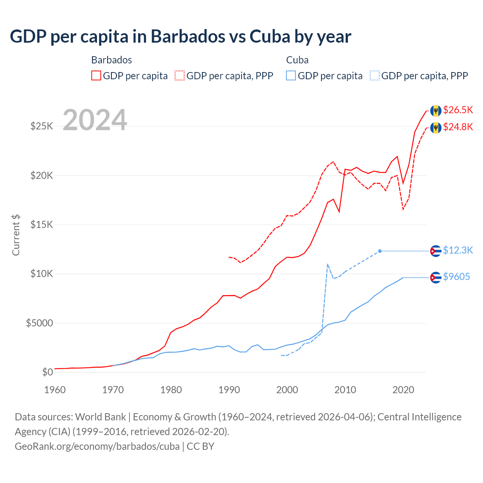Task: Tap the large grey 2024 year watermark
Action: pyautogui.click(x=95, y=120)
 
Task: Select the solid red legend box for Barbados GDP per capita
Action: pyautogui.click(x=96, y=75)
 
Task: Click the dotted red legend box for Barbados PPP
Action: pyautogui.click(x=180, y=75)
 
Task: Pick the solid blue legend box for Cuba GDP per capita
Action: pyautogui.click(x=291, y=75)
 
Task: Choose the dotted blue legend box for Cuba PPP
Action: pyautogui.click(x=375, y=75)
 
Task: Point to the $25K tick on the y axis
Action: pyautogui.click(x=42, y=126)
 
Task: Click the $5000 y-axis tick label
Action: pyautogui.click(x=40, y=323)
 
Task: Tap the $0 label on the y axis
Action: pyautogui.click(x=48, y=372)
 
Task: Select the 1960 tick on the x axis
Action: pyautogui.click(x=55, y=390)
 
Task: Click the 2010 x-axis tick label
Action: pyautogui.click(x=345, y=390)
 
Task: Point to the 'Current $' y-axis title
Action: pyautogui.click(x=16, y=235)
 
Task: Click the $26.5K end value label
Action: pyautogui.click(x=458, y=110)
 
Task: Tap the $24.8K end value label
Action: pyautogui.click(x=458, y=127)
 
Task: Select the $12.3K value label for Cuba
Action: pyautogui.click(x=458, y=250)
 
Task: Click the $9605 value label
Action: pyautogui.click(x=456, y=277)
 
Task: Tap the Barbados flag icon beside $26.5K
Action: pyautogui.click(x=436, y=111)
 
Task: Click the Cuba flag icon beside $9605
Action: pyautogui.click(x=436, y=277)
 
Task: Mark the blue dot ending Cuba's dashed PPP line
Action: pyautogui.click(x=380, y=251)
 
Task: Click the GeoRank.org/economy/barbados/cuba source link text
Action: pyautogui.click(x=97, y=446)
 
